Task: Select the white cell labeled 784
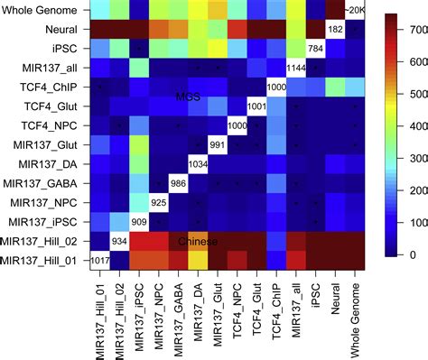[x=315, y=48]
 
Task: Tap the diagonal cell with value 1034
[x=199, y=163]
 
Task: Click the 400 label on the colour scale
[x=413, y=126]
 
